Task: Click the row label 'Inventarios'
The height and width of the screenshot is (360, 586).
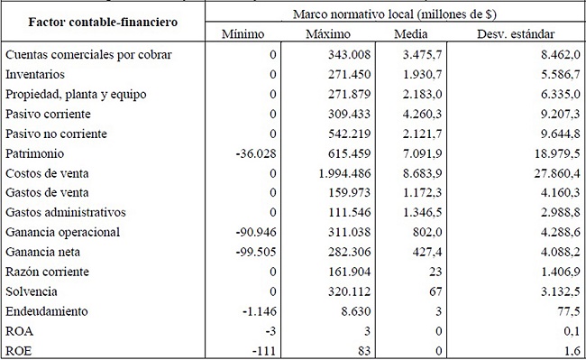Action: pos(35,74)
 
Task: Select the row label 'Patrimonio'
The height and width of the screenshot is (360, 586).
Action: pos(35,152)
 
